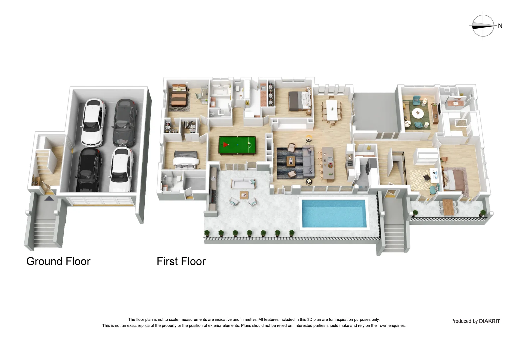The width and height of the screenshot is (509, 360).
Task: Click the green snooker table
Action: [237, 146]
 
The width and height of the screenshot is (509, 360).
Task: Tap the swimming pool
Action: [334, 213]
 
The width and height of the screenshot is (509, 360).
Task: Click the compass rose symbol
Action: [483, 26]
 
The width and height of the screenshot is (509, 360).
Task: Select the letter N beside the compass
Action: [500, 26]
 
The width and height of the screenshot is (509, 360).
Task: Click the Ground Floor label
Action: [58, 261]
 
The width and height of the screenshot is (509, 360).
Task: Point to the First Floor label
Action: [181, 261]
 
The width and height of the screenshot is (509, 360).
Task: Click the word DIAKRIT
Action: [489, 321]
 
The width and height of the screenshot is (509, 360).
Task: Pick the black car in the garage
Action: [89, 170]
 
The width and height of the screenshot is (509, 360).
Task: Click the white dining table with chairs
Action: [332, 111]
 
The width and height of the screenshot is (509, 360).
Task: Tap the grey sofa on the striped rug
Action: [308, 162]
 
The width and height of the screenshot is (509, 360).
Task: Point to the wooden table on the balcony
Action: [448, 207]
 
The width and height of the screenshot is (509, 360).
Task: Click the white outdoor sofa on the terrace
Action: [244, 183]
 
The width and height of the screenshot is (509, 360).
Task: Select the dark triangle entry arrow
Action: [49, 199]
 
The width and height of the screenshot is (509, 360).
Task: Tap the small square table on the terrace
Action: [244, 195]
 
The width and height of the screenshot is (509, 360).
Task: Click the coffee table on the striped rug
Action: [291, 161]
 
